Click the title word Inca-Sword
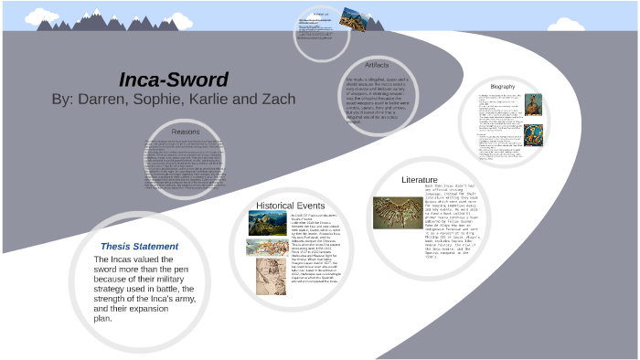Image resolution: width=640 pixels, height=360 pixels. pos(173,79)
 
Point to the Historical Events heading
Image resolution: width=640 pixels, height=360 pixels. pos(290,206)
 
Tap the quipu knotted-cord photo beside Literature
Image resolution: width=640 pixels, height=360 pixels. pos(397,212)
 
